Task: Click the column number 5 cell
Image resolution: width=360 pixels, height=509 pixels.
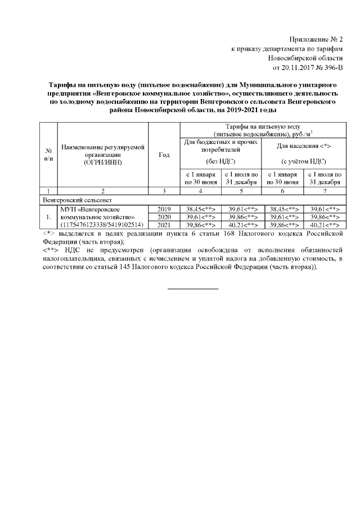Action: (x=241, y=191)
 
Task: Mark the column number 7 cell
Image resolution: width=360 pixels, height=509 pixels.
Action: (x=325, y=191)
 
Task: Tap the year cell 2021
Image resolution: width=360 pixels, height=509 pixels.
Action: (x=164, y=225)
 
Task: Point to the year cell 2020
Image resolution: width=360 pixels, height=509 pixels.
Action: (x=164, y=217)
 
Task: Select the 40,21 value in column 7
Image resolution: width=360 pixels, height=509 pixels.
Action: (x=319, y=225)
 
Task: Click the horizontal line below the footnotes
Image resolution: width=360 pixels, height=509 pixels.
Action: (x=193, y=289)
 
